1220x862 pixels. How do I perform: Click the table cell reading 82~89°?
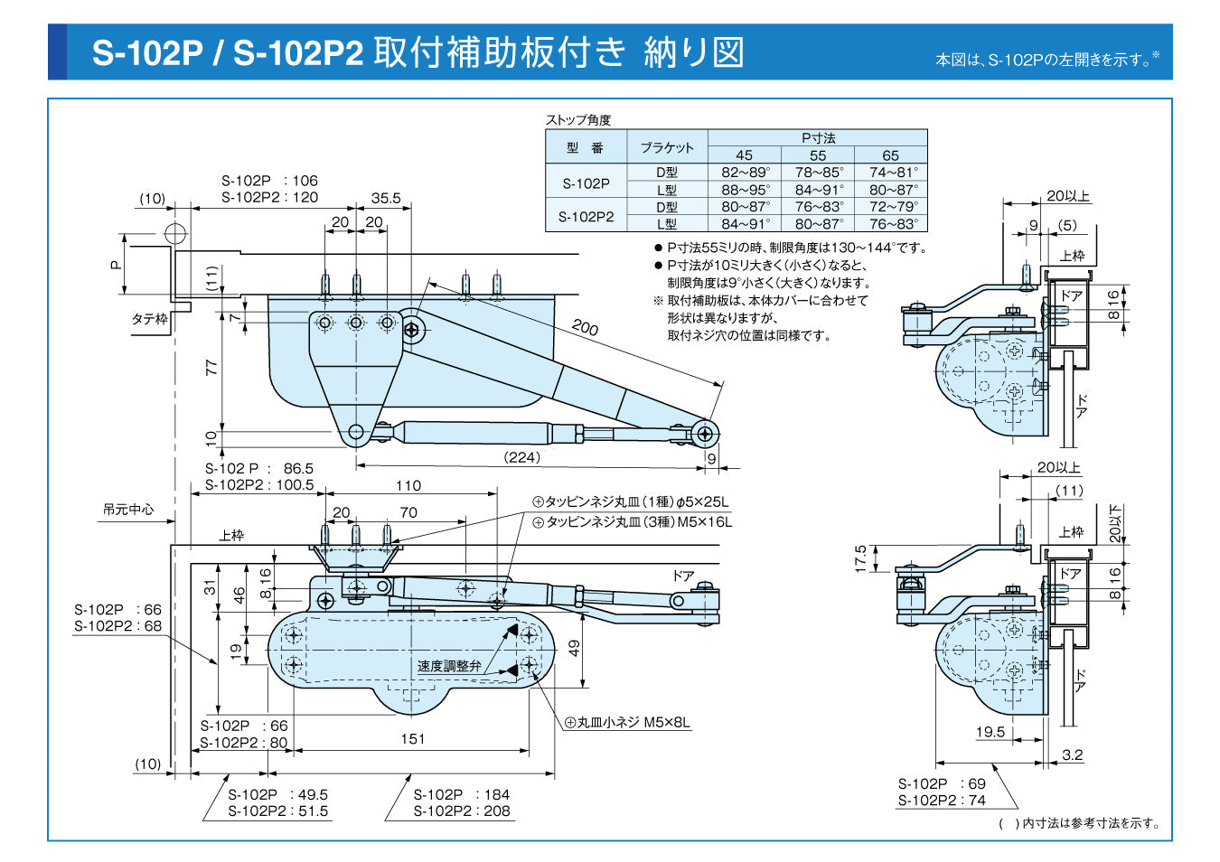tap(745, 173)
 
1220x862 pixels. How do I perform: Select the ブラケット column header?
tap(667, 147)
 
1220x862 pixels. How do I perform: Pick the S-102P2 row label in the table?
tap(586, 216)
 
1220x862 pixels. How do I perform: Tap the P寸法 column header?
tap(818, 138)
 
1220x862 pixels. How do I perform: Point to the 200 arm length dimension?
tap(585, 328)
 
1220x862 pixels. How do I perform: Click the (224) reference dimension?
tap(521, 457)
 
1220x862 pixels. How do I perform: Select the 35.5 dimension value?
tap(386, 198)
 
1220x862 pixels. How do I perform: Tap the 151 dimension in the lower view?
tap(412, 739)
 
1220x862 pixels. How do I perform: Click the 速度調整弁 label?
tap(448, 666)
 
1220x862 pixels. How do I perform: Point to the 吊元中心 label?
tap(128, 510)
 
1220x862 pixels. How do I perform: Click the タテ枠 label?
tap(149, 319)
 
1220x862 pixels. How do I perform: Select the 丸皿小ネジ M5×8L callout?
tap(628, 723)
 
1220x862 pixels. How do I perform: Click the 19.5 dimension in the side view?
tap(990, 732)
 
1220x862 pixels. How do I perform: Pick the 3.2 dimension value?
tap(1073, 754)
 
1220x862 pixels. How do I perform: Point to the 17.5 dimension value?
tap(860, 557)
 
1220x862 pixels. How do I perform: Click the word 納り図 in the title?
tap(693, 52)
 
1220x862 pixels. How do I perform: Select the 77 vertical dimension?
tap(211, 367)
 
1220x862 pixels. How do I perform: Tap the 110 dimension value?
tap(408, 485)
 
